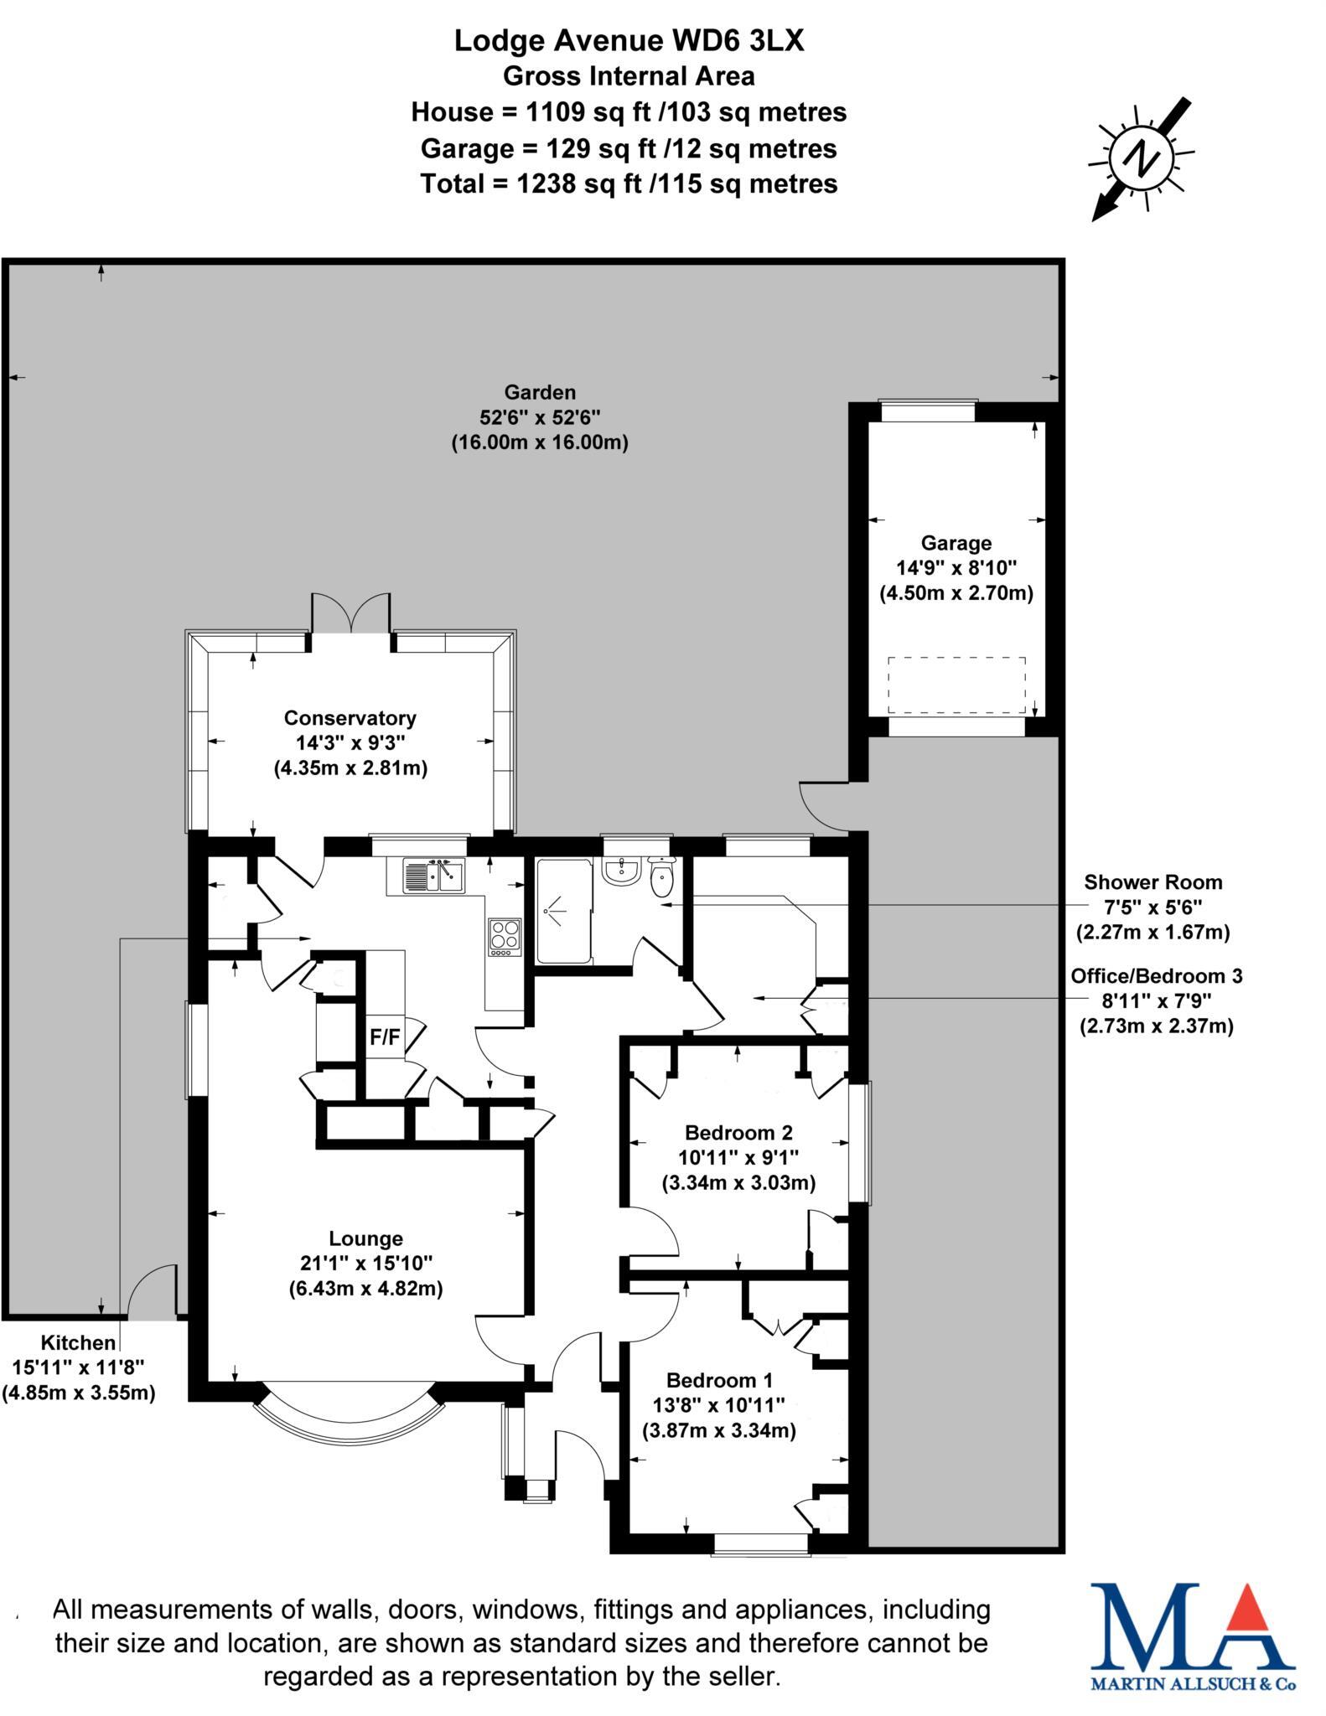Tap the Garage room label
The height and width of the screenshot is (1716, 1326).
coord(956,543)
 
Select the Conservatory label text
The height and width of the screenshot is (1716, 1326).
coord(350,718)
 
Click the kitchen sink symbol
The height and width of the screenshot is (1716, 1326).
coord(433,876)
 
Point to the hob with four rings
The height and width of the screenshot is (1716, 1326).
coord(505,937)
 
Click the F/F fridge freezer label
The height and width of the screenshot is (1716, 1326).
coord(385,1037)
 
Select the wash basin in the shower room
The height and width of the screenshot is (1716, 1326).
coord(621,871)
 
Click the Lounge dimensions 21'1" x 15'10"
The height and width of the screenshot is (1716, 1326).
coord(366,1263)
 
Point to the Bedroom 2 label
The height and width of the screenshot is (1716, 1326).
coord(738,1133)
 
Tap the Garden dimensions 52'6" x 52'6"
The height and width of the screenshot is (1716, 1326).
coord(540,417)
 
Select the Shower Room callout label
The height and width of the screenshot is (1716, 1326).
coord(1152,882)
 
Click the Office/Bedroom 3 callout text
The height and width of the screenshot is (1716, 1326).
coord(1156,976)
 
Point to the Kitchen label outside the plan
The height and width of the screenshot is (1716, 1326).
coord(79,1343)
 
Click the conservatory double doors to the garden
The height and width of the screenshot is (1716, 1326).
coord(350,613)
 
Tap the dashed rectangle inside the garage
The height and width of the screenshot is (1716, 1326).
coord(956,685)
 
